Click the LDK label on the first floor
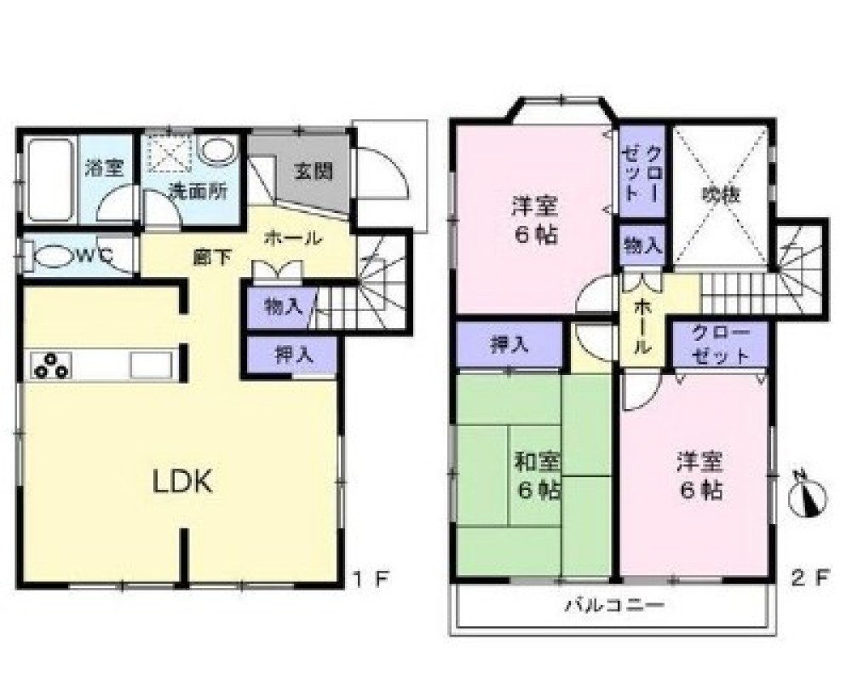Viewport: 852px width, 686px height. pyautogui.click(x=181, y=482)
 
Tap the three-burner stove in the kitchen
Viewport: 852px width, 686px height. pyautogui.click(x=51, y=365)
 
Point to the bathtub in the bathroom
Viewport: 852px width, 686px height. pyautogui.click(x=50, y=180)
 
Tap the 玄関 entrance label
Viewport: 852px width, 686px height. pyautogui.click(x=313, y=170)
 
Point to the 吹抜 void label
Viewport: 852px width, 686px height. pyautogui.click(x=721, y=194)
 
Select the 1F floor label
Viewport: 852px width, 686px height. pyautogui.click(x=371, y=579)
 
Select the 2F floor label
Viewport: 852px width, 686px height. pyautogui.click(x=811, y=579)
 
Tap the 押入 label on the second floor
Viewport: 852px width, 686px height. pyautogui.click(x=509, y=344)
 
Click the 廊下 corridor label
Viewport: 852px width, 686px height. pyautogui.click(x=210, y=257)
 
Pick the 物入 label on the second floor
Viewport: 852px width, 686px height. pyautogui.click(x=642, y=246)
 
